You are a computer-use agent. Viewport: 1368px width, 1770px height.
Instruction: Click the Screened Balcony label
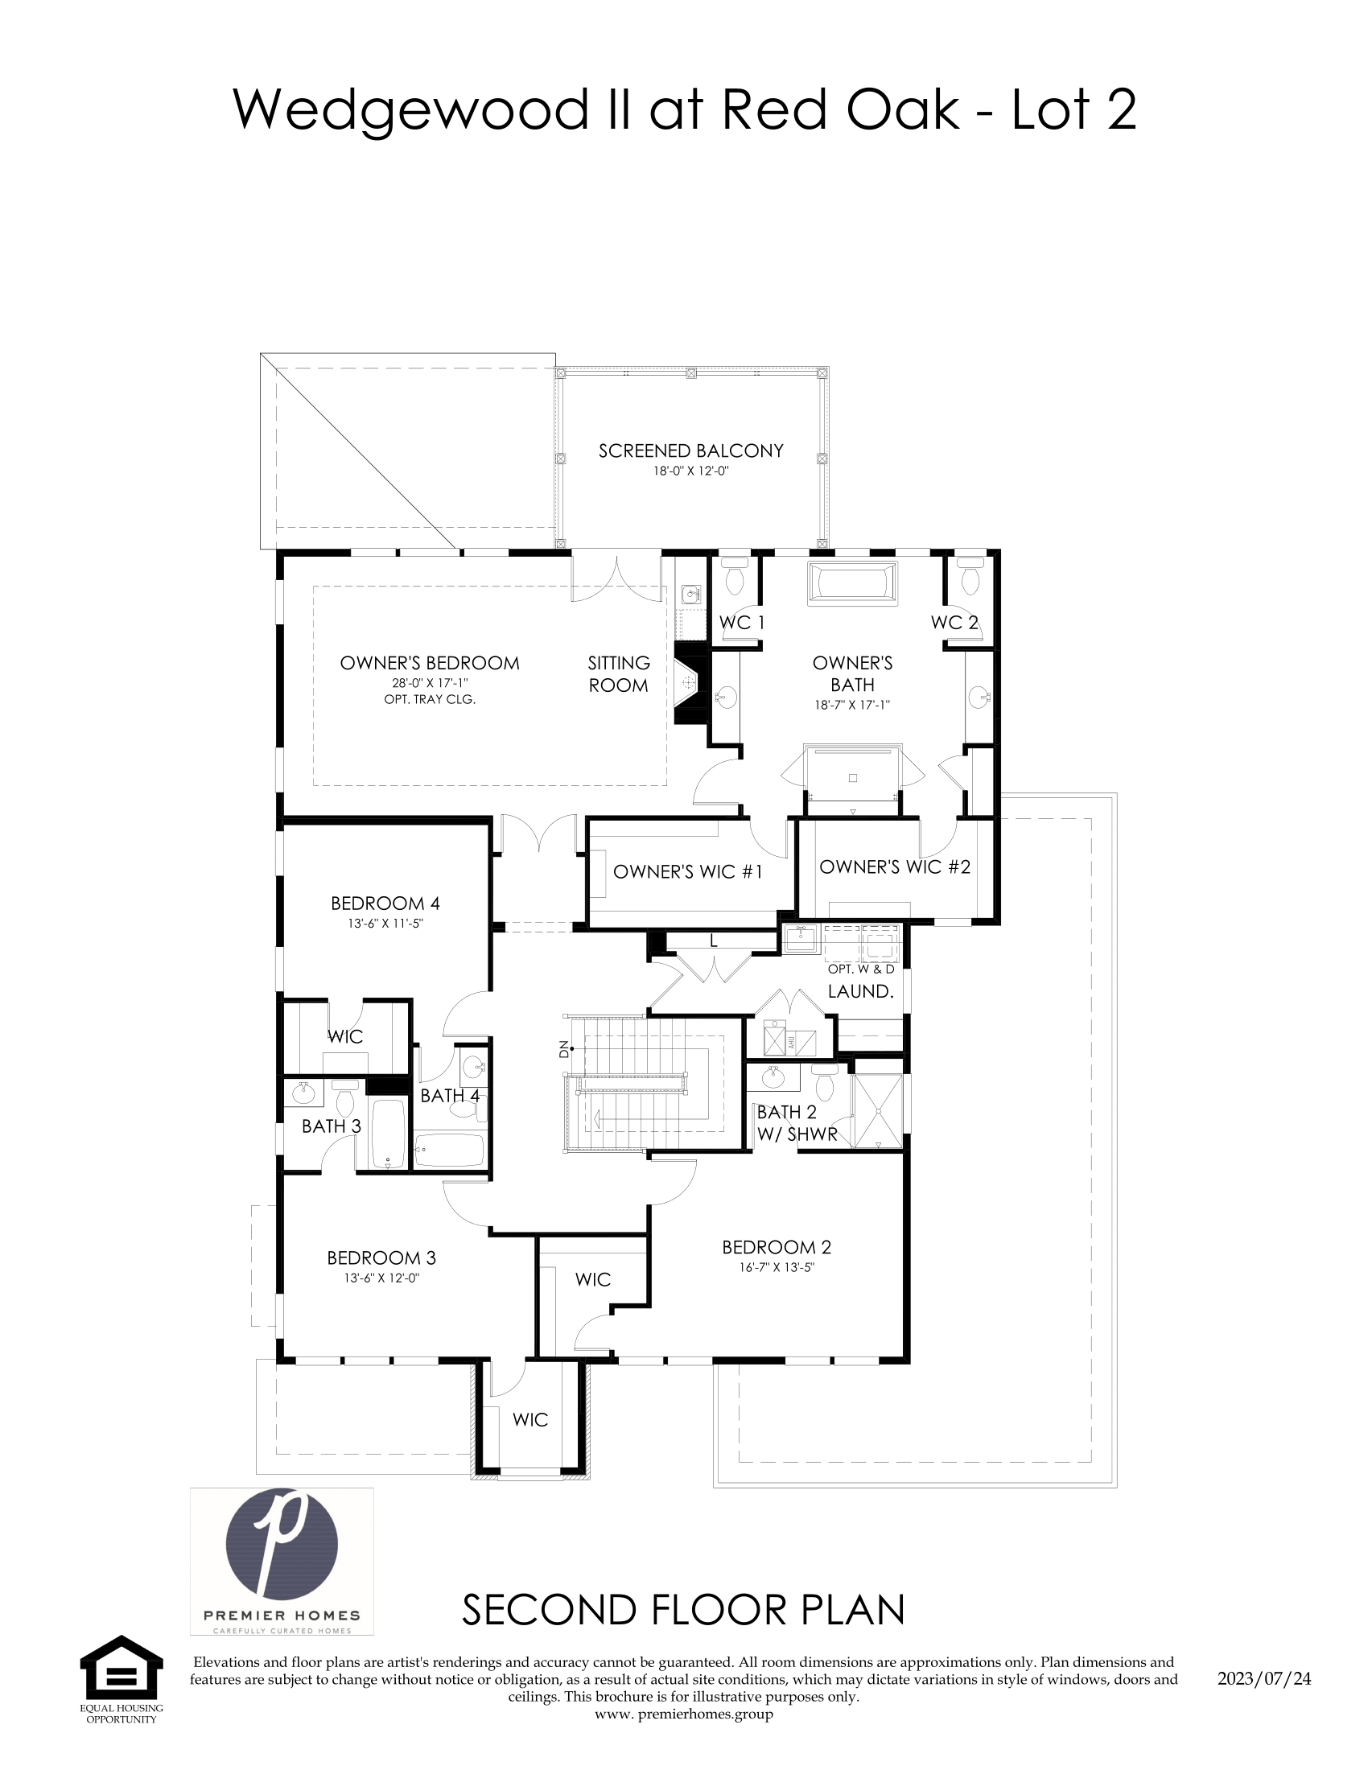[x=690, y=451]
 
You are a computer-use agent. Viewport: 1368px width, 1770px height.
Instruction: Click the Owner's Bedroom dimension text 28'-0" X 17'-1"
[x=430, y=683]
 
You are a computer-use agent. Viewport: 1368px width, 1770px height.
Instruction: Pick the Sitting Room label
[x=618, y=674]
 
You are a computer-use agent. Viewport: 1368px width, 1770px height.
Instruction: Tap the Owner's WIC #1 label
[x=687, y=872]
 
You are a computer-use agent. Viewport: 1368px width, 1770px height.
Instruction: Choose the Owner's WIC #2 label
[x=895, y=867]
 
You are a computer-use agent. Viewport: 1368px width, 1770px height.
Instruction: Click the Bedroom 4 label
[x=385, y=903]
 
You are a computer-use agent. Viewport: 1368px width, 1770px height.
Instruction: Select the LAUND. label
[x=860, y=991]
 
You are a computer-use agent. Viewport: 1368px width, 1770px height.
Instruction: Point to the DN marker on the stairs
[x=564, y=1049]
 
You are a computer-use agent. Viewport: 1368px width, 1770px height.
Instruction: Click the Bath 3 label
[x=332, y=1126]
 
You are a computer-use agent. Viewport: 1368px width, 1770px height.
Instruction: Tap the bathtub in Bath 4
[x=450, y=1150]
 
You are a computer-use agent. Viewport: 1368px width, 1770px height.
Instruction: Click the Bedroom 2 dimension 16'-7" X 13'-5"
[x=776, y=1267]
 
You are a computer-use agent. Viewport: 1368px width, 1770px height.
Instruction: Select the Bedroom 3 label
[x=381, y=1258]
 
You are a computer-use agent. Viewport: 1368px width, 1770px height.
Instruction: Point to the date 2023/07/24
[x=1263, y=1678]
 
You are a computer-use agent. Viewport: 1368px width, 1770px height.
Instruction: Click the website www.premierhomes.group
[x=683, y=1714]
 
